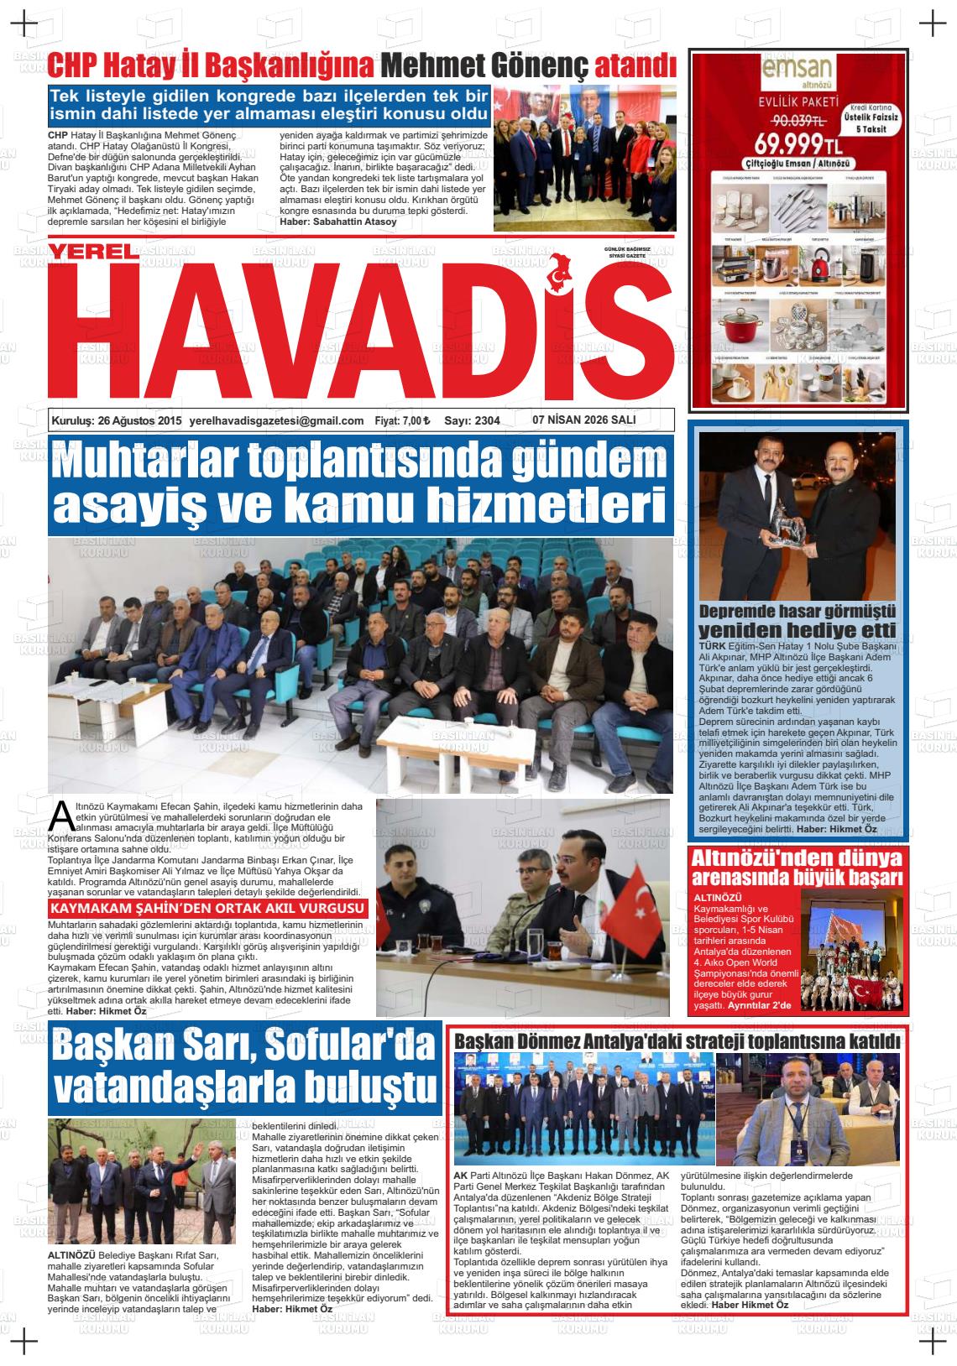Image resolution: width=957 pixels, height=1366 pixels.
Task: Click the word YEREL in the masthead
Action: pyautogui.click(x=91, y=251)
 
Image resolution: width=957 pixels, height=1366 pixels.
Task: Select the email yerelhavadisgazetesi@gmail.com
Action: pyautogui.click(x=276, y=421)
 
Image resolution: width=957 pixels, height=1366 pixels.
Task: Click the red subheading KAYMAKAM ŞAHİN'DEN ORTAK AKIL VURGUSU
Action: pyautogui.click(x=207, y=909)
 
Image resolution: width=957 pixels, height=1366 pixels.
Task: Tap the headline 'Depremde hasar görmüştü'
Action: pyautogui.click(x=797, y=611)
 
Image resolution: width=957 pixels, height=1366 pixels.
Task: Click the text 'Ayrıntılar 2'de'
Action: pyautogui.click(x=759, y=1005)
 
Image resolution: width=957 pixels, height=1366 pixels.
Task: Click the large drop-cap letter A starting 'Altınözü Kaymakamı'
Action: pyautogui.click(x=60, y=814)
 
